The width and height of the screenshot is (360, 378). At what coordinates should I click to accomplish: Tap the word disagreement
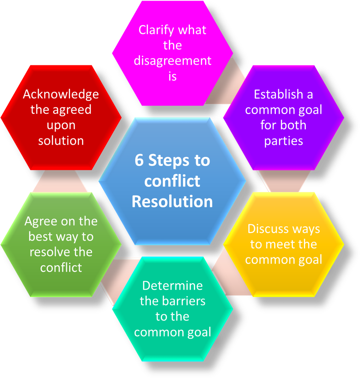click(x=172, y=61)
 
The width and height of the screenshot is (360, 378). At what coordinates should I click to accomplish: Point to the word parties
click(x=283, y=141)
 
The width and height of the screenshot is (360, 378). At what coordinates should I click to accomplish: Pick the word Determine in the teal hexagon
click(x=172, y=286)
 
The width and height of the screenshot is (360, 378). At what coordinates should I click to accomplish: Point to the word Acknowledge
click(x=61, y=94)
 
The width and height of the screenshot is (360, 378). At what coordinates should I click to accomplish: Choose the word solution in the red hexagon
click(x=61, y=140)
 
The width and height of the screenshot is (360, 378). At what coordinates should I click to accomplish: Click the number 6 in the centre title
click(x=139, y=160)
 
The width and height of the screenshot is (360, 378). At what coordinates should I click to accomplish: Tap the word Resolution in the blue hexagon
click(x=172, y=201)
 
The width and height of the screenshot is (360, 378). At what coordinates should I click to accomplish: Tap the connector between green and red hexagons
click(x=60, y=181)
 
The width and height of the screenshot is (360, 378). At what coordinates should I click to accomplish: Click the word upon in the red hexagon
click(x=61, y=125)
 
